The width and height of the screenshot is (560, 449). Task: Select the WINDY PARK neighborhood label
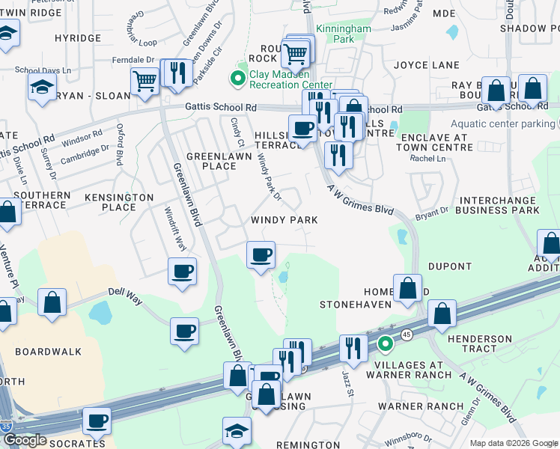tap(284, 220)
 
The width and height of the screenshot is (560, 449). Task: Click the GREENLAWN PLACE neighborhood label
tap(211, 160)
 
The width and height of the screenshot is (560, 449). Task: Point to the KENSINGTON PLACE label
tap(119, 201)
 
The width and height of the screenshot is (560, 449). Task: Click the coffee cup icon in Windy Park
tap(261, 254)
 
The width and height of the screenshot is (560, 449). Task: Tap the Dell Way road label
tap(125, 293)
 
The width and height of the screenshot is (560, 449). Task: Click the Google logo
tap(25, 440)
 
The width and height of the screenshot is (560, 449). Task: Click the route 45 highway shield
tap(407, 334)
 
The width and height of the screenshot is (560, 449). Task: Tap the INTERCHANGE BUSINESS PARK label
tap(499, 205)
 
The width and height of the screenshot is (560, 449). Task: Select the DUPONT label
tap(449, 266)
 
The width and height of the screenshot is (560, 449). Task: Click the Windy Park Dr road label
tap(268, 180)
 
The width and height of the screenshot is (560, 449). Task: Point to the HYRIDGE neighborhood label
tap(77, 37)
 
